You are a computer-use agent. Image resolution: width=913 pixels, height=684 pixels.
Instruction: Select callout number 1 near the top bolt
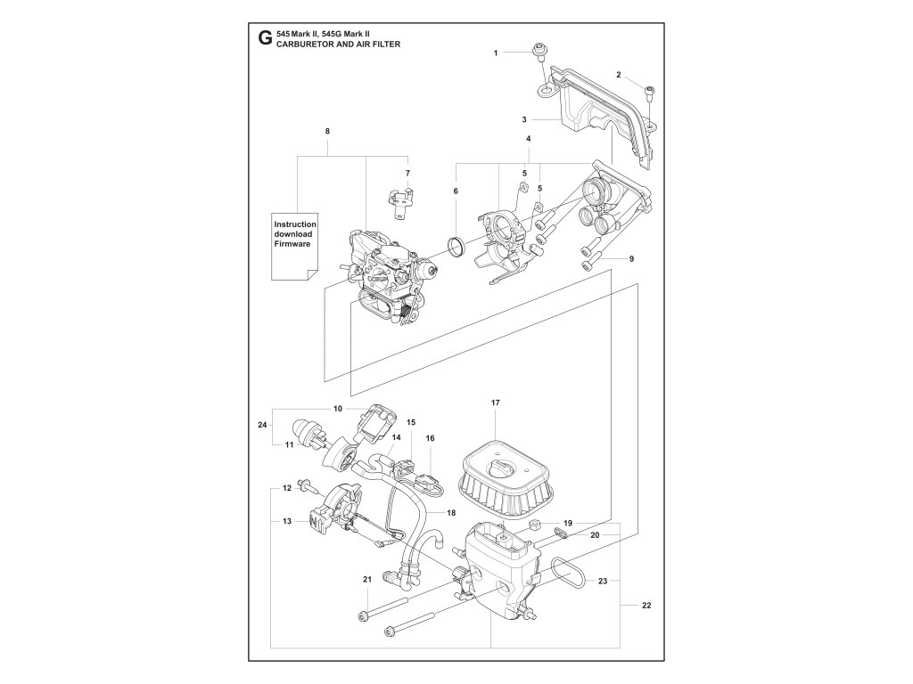[x=497, y=53]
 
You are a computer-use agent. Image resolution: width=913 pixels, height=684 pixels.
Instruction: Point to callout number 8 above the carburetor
[x=327, y=132]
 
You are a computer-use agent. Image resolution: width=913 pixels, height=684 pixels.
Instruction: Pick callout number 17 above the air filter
[x=496, y=403]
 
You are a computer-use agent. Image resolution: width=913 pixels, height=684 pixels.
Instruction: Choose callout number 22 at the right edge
[x=646, y=607]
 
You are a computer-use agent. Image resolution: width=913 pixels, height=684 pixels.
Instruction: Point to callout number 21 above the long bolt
[x=366, y=580]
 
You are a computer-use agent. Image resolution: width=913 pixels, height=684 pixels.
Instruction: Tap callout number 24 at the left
[x=262, y=426]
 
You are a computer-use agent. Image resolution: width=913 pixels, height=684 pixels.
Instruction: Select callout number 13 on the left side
[x=287, y=521]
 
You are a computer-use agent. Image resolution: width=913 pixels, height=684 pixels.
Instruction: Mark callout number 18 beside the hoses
[x=450, y=513]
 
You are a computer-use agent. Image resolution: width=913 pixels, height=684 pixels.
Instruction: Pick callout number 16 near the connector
[x=430, y=438]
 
